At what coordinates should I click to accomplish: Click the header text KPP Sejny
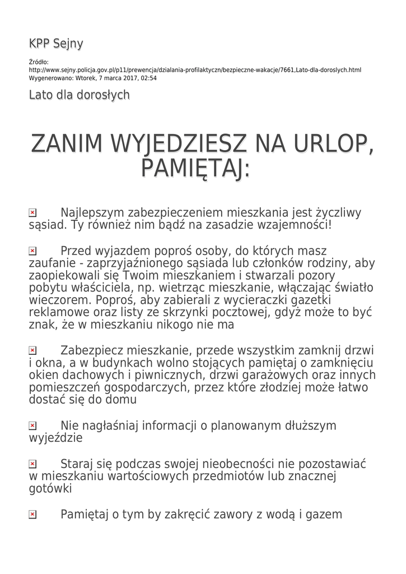56,44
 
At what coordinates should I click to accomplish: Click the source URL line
195,70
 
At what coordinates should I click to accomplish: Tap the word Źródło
39,62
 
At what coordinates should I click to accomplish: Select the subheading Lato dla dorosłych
79,95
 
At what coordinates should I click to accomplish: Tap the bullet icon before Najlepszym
32,213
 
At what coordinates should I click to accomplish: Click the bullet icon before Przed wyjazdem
32,251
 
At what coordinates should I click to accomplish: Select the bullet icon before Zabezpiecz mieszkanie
32,350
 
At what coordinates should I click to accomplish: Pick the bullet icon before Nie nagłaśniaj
32,426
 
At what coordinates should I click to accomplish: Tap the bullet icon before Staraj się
32,464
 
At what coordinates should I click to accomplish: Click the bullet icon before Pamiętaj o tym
32,514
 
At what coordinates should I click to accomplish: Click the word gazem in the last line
323,514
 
